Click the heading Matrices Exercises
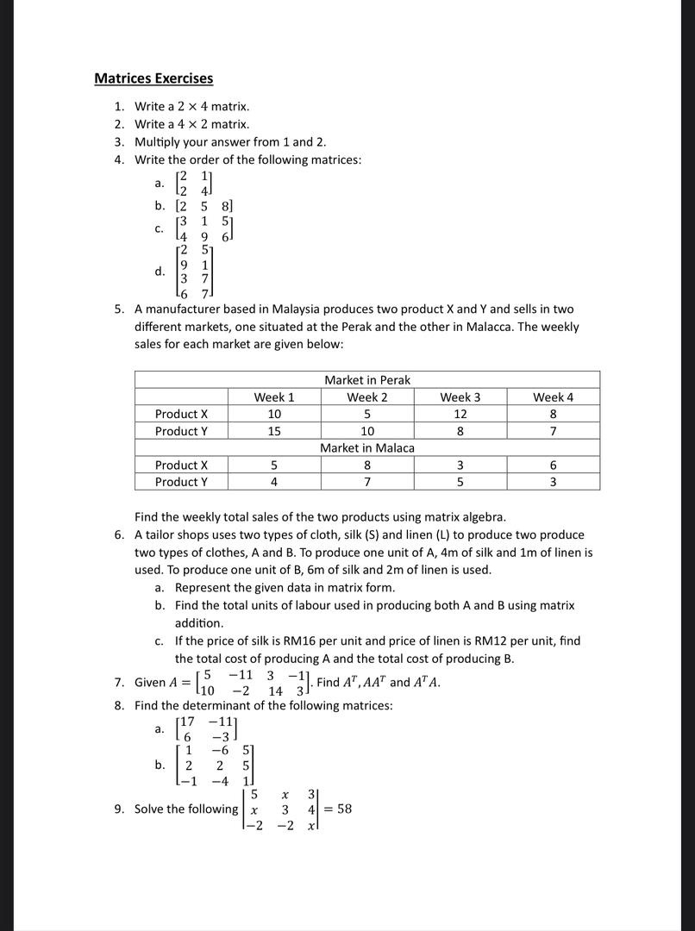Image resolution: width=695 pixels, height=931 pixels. click(x=153, y=78)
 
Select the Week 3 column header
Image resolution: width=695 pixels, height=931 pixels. click(x=460, y=397)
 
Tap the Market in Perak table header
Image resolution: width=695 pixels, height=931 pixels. click(x=367, y=380)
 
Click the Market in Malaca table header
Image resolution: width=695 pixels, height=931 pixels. click(x=367, y=448)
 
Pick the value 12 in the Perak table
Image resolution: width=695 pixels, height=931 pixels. click(x=460, y=414)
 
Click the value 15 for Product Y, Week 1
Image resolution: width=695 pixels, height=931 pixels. click(x=274, y=431)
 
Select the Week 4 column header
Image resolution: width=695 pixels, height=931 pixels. click(x=553, y=397)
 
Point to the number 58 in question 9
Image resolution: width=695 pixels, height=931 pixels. click(x=344, y=809)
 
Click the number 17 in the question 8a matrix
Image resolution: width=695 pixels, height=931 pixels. click(x=185, y=722)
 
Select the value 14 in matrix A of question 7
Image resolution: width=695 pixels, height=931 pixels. click(x=275, y=691)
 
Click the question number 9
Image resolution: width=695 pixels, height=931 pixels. click(x=119, y=809)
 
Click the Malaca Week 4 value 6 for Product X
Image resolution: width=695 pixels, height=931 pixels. click(x=553, y=465)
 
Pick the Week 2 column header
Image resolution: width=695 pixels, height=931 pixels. click(x=367, y=397)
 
